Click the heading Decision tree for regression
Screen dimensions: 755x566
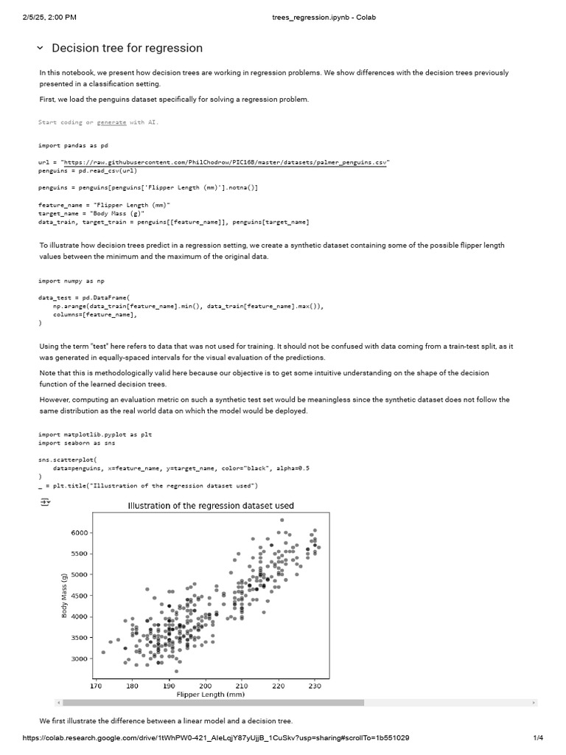(x=127, y=48)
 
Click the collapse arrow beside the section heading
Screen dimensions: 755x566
(x=40, y=48)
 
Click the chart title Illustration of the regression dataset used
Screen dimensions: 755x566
(x=211, y=506)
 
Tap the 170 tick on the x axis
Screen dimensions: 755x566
(x=96, y=685)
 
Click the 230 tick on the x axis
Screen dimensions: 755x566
(x=315, y=685)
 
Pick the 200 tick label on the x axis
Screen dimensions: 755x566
(x=206, y=685)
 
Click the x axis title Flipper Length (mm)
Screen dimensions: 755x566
(x=210, y=695)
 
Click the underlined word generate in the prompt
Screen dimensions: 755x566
(x=111, y=122)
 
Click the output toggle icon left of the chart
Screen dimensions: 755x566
(x=45, y=502)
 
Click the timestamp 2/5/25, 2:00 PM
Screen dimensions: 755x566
(x=50, y=17)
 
